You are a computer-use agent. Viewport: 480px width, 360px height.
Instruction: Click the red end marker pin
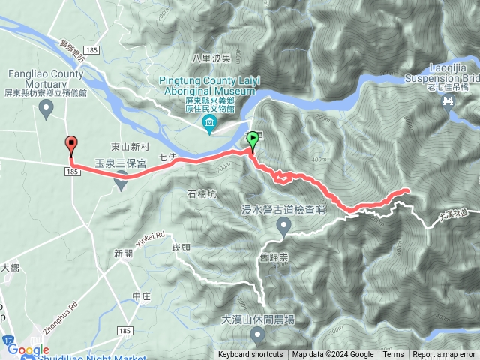tap(71, 144)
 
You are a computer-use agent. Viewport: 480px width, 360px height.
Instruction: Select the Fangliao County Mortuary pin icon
tap(46, 109)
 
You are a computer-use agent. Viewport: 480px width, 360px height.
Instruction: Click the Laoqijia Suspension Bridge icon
tap(449, 103)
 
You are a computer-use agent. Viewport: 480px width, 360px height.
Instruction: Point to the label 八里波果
tap(209, 58)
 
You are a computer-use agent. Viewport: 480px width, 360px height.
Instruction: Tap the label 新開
tap(124, 254)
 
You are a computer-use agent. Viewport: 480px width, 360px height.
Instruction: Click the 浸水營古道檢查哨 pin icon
tap(284, 226)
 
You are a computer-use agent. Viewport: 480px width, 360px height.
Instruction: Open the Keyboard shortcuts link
tap(250, 355)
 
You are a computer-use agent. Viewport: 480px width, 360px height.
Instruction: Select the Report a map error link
tap(443, 355)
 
